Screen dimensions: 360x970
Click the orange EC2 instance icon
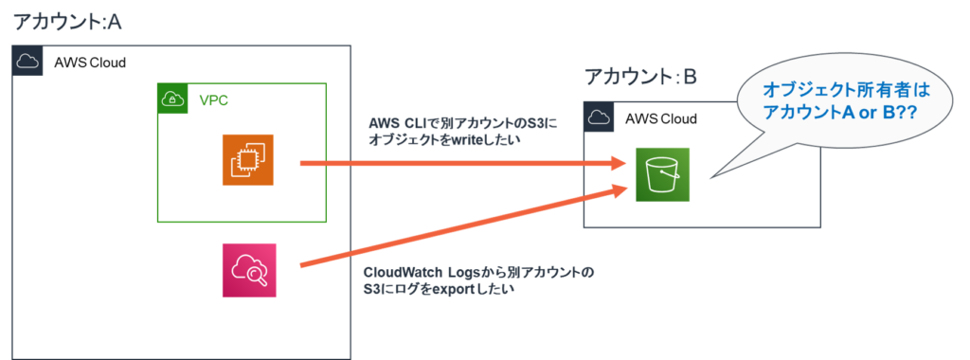click(x=247, y=159)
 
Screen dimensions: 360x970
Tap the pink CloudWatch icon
click(x=247, y=269)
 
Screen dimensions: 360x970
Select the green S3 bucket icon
click(x=663, y=174)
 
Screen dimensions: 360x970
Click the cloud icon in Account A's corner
click(x=27, y=62)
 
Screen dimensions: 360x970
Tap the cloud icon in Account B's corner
click(x=598, y=117)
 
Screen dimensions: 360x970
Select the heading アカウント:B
click(x=640, y=78)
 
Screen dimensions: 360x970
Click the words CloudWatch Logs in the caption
click(x=408, y=273)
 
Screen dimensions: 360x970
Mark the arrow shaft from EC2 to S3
click(x=455, y=163)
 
